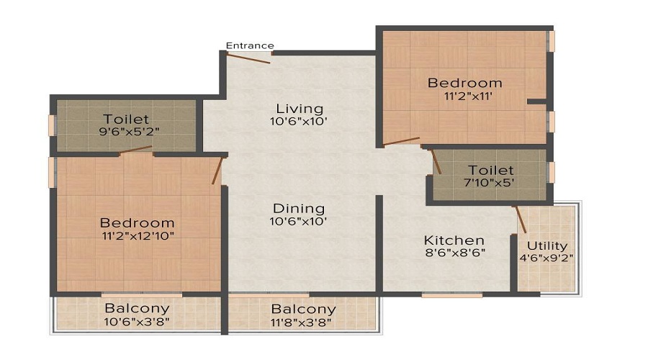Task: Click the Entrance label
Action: (250, 45)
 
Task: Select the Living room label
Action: (300, 109)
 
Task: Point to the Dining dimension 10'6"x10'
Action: (298, 222)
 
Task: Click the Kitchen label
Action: (454, 240)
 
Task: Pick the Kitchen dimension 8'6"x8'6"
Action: (455, 253)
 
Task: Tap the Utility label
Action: (547, 246)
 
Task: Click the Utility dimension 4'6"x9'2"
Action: (546, 258)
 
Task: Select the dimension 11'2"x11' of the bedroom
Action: (468, 96)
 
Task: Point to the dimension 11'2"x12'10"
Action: (138, 236)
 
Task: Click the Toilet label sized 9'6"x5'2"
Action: (126, 119)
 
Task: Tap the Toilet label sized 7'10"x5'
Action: (491, 170)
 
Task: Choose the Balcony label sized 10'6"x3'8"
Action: (138, 308)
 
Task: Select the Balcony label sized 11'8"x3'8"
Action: (304, 309)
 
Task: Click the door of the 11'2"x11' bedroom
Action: (401, 141)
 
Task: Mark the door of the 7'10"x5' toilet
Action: (436, 161)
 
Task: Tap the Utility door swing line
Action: (521, 220)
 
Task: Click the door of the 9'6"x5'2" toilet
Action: (136, 150)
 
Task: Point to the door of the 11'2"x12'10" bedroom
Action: (217, 171)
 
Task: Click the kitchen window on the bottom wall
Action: (452, 295)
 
